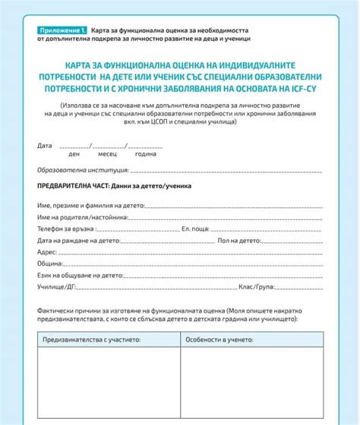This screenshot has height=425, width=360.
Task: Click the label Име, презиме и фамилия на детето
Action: (90, 205)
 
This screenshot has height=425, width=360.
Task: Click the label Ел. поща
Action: (195, 228)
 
